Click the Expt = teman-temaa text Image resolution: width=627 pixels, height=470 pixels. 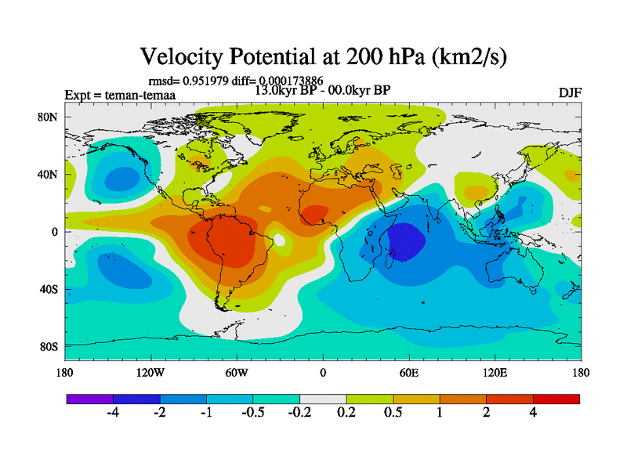120,95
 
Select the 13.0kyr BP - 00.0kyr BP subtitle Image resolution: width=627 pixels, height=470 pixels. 323,89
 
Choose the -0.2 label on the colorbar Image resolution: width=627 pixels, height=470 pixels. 299,414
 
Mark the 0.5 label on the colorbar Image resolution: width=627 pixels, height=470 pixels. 393,414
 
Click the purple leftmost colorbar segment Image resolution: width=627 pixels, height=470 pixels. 90,399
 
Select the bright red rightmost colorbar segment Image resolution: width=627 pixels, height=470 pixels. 556,399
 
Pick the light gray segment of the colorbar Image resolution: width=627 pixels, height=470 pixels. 323,399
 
